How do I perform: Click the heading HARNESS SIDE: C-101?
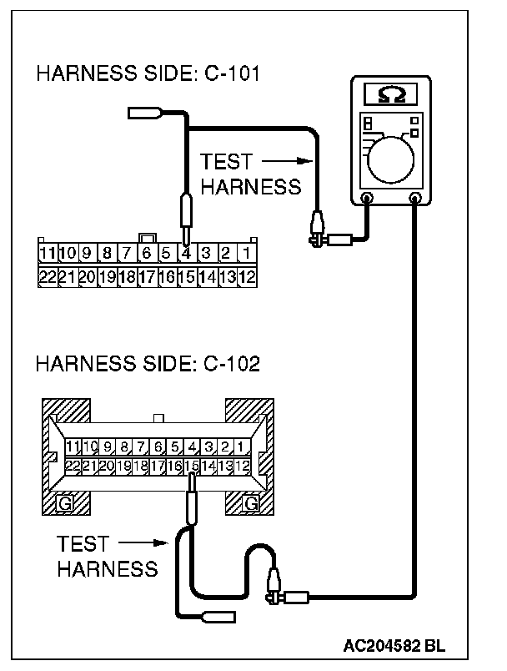[x=148, y=74]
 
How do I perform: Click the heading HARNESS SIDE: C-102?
[x=148, y=364]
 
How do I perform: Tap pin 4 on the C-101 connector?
[x=186, y=252]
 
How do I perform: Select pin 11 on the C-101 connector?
[x=47, y=252]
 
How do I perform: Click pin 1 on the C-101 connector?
[x=247, y=252]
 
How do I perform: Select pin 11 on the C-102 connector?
[x=73, y=446]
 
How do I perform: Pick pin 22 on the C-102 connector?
[x=73, y=465]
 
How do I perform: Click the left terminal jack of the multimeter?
[x=367, y=198]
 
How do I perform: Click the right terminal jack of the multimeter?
[x=416, y=198]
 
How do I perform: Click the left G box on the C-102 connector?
[x=63, y=502]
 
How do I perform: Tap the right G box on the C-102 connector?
[x=249, y=502]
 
